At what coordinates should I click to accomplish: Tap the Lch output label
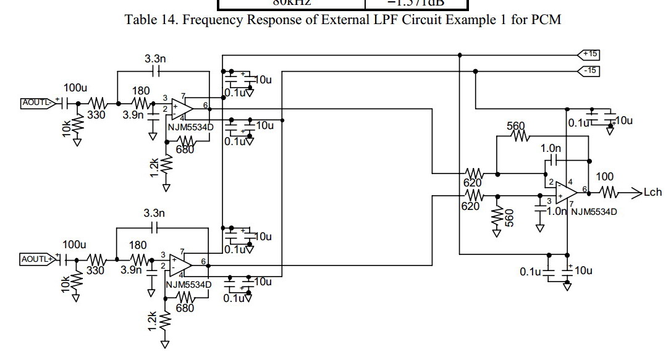tap(652, 193)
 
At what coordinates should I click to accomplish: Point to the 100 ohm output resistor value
tap(604, 177)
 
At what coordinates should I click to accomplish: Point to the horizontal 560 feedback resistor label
tap(516, 126)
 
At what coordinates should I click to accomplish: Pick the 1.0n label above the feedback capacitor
tap(551, 148)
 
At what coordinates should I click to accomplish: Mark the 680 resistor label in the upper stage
tap(185, 149)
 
